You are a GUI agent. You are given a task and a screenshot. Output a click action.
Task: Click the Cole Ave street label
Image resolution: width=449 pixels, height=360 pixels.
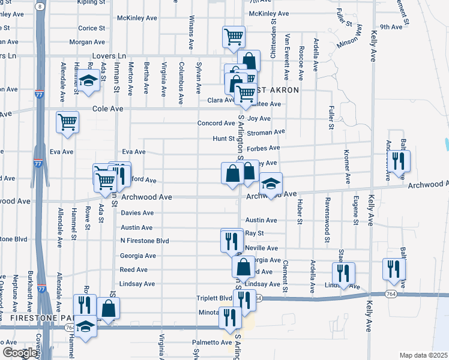107,109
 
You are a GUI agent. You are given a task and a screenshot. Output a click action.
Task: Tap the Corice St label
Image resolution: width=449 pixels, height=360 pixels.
92,28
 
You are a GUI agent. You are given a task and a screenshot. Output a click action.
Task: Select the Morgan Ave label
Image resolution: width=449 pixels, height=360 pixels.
87,42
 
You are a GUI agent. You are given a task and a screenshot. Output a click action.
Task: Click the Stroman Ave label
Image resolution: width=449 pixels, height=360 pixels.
266,132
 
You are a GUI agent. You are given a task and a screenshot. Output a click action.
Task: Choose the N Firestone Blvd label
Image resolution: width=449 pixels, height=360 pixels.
145,241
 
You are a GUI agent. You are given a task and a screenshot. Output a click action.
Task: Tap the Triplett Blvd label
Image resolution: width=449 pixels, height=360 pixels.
214,298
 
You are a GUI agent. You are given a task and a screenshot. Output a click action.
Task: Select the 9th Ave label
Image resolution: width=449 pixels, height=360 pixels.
391,27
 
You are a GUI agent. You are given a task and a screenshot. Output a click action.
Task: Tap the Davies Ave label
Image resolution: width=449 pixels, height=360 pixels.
137,213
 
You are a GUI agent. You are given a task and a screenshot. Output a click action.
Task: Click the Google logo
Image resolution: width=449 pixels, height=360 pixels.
19,353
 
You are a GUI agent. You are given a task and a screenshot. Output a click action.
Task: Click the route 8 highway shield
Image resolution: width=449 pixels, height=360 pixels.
40,5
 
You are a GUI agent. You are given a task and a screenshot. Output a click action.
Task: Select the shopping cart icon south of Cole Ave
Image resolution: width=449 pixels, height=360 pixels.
67,121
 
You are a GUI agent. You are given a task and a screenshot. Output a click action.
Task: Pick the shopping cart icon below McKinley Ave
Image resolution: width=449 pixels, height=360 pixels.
234,36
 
